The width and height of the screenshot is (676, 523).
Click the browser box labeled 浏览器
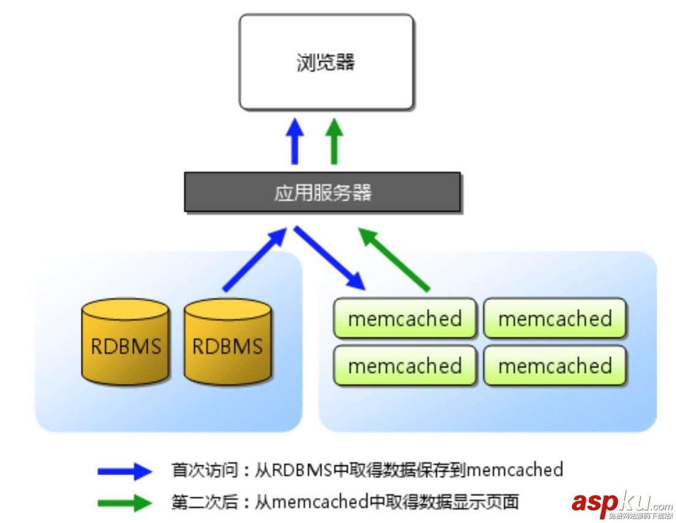pos(326,62)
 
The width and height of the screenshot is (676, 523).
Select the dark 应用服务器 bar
pos(322,192)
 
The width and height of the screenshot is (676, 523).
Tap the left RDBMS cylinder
pos(126,342)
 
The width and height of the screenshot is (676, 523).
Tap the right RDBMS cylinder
pos(227,342)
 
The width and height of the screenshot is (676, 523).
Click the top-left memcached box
pos(405,318)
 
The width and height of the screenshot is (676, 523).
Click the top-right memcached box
pos(555,318)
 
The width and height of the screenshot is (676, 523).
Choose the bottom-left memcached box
pos(405,366)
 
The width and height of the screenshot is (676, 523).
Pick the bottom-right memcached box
pos(555,366)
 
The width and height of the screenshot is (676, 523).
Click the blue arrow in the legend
pos(124,471)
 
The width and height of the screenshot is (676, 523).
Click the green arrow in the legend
pos(124,503)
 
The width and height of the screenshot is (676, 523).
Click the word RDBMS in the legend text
pos(301,470)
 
